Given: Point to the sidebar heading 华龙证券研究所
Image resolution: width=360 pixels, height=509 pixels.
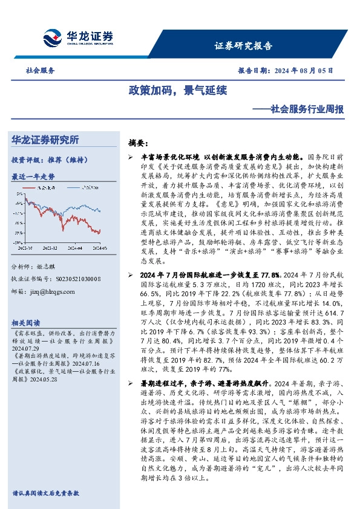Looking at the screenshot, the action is coord(53,140).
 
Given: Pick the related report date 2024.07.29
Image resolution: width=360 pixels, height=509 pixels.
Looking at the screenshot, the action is coord(25,348).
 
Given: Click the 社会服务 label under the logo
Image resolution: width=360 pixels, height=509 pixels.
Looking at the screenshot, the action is coord(40,70).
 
